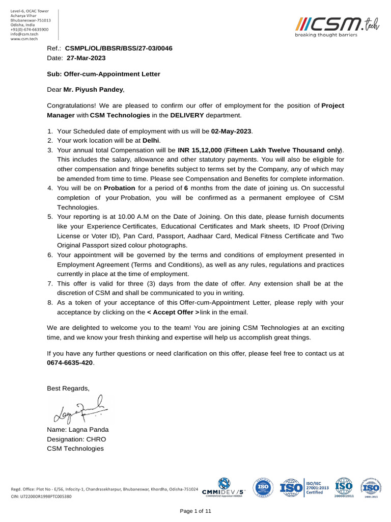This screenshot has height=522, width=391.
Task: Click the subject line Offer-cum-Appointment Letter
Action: click(103, 74)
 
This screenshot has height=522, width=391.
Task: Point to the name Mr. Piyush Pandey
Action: click(93, 90)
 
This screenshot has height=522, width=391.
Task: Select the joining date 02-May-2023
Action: click(232, 131)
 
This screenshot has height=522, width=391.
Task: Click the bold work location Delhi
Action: click(151, 140)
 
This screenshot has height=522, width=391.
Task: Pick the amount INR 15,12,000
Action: click(200, 150)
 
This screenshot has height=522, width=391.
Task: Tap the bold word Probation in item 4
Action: click(120, 188)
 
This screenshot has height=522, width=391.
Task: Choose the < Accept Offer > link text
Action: click(173, 312)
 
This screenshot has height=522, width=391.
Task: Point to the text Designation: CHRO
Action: click(77, 439)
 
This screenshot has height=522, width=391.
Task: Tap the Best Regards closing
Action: click(68, 388)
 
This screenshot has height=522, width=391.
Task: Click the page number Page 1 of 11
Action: click(195, 511)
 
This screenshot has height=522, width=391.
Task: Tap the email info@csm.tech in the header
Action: click(24, 34)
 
